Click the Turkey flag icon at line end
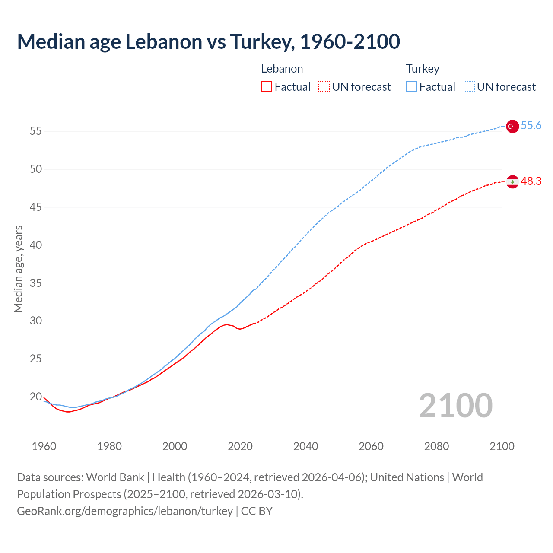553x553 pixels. [512, 126]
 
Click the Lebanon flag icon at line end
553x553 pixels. [512, 182]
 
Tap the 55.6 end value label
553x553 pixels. [531, 126]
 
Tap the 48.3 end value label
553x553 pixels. [531, 181]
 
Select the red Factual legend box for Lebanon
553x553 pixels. [267, 87]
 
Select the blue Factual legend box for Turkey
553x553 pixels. [412, 87]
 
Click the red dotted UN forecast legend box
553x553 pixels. [324, 87]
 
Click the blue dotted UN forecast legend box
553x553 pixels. [469, 87]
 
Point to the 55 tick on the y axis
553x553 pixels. [36, 131]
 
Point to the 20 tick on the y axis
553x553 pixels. [36, 397]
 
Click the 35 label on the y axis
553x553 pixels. [36, 283]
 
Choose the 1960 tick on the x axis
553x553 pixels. [44, 446]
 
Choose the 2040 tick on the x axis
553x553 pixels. [305, 446]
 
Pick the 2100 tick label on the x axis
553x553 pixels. [502, 446]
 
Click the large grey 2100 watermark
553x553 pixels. [456, 405]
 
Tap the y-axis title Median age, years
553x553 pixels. [18, 269]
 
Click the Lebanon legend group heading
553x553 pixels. [282, 69]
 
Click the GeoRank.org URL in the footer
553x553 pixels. [125, 511]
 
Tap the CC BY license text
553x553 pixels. [257, 511]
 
